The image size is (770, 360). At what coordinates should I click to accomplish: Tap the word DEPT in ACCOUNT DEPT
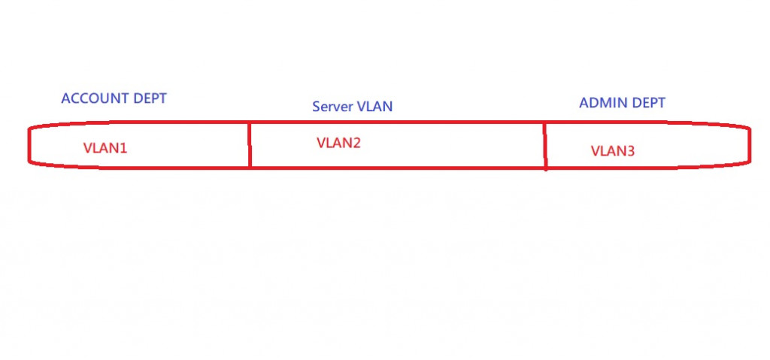150,98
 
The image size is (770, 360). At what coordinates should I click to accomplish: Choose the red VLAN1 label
105,148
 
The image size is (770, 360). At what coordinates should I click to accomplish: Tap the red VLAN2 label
339,143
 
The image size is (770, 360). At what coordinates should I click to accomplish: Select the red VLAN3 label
613,151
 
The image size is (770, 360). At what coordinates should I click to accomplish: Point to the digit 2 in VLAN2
357,143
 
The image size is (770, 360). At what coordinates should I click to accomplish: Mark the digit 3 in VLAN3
631,151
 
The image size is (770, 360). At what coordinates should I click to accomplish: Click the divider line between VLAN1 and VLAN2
249,144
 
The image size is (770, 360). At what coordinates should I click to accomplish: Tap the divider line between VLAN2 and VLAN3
544,146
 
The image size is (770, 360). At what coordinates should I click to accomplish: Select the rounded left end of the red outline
29,144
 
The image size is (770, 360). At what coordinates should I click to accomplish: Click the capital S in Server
317,107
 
